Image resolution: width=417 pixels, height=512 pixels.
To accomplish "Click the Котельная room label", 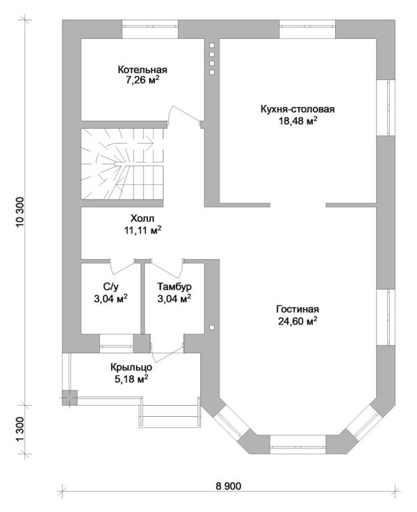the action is click(x=142, y=70).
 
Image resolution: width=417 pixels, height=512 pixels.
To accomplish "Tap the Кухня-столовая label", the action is click(x=297, y=109).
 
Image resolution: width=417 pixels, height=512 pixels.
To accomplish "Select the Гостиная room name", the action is click(x=297, y=309).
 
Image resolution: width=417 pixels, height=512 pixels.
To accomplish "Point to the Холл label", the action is click(x=142, y=218).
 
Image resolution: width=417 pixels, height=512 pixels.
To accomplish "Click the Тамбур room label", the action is click(x=174, y=286).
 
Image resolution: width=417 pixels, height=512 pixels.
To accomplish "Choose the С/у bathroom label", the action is click(x=111, y=286).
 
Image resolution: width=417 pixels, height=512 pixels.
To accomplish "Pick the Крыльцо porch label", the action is click(x=131, y=368).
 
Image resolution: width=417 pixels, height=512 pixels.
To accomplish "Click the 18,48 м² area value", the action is click(x=298, y=121).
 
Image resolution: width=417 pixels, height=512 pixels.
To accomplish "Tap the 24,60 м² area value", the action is click(x=298, y=321).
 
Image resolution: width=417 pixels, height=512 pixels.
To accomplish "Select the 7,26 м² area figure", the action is click(x=142, y=81).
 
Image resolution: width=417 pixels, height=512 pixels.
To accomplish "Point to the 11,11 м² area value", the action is click(x=142, y=230).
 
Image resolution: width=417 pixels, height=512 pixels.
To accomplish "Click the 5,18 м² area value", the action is click(x=131, y=379).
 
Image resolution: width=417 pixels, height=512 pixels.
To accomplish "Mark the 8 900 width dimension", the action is click(x=229, y=486).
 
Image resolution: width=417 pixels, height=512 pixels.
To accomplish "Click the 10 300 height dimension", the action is click(x=19, y=213).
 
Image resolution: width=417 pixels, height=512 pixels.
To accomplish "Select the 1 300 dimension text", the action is click(x=19, y=429).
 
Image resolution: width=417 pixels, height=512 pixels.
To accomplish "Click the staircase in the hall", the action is click(x=122, y=163).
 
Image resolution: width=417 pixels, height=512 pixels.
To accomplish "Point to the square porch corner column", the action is click(x=69, y=397).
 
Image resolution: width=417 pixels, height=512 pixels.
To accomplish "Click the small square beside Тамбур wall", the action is click(x=212, y=327).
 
